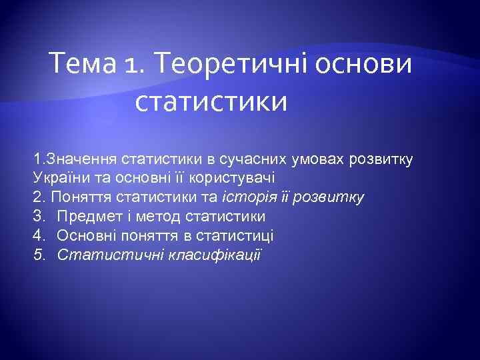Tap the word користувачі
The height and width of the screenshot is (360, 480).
pos(238,178)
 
